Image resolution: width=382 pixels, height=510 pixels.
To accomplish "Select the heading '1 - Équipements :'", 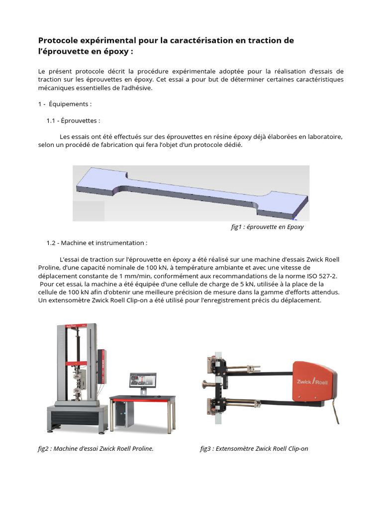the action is pos(65,104).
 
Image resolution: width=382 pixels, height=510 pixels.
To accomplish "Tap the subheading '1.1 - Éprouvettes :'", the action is pos(74,121).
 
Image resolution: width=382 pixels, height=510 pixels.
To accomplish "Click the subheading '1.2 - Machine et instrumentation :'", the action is pos(97,243).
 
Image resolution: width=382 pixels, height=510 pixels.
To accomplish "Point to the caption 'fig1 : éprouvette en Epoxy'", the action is pos(267,227).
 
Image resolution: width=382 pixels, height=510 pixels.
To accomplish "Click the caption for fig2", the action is pos(96,449).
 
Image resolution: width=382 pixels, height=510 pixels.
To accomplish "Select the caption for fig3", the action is pos(254,449).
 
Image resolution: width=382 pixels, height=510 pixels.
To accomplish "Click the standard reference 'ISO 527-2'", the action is pos(322,276).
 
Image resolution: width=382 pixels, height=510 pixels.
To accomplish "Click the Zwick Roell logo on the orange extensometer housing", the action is pos(312,382).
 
